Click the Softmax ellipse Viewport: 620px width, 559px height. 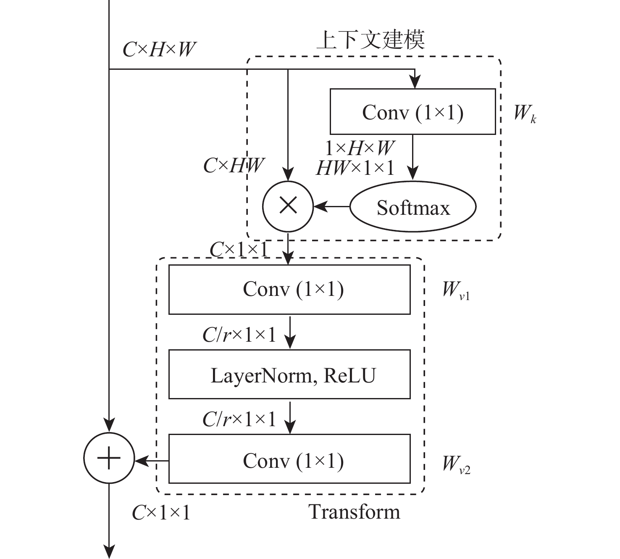tap(413, 207)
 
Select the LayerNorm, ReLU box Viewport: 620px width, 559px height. tap(289, 374)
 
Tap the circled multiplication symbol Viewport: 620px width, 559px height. tap(288, 206)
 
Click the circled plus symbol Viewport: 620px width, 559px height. tap(109, 458)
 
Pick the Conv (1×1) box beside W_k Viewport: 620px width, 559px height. tap(412, 111)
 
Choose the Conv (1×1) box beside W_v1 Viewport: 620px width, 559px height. tap(289, 289)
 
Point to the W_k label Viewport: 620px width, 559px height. tap(525, 113)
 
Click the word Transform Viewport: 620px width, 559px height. tap(355, 512)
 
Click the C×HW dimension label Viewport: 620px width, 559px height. tap(234, 166)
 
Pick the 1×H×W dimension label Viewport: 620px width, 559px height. tap(360, 148)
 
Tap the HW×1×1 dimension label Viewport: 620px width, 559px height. tap(355, 168)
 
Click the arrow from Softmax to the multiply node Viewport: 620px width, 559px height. tap(332, 206)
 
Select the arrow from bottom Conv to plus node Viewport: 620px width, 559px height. tap(152, 461)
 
